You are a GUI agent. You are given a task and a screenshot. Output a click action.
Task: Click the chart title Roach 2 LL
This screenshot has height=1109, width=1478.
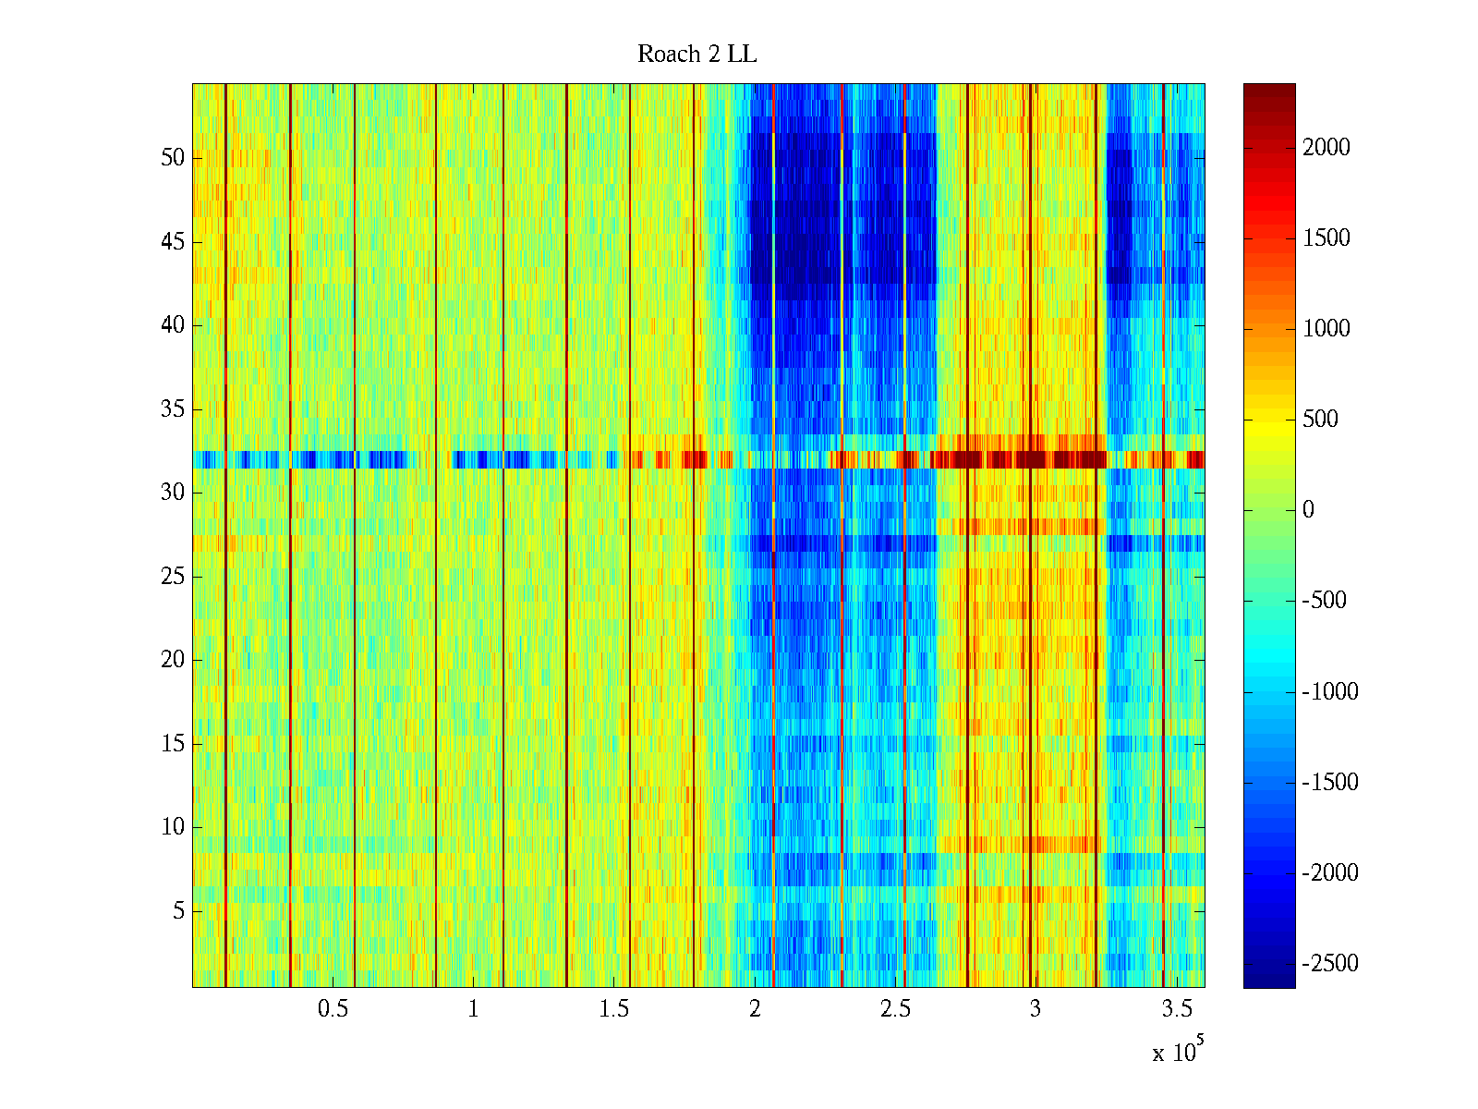tap(697, 55)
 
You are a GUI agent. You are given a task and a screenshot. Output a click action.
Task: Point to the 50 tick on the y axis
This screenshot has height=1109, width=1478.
tap(173, 158)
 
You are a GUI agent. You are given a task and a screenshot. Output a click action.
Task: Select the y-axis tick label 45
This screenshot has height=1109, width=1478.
tap(173, 242)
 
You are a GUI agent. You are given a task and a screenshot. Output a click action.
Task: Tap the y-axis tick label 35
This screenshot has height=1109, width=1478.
tap(173, 409)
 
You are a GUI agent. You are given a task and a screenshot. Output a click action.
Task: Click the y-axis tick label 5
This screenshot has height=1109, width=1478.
tap(178, 911)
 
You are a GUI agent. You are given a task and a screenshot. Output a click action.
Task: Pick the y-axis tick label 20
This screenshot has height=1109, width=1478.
tap(173, 660)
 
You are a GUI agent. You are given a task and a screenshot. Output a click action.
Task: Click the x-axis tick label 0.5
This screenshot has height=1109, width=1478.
tap(333, 1009)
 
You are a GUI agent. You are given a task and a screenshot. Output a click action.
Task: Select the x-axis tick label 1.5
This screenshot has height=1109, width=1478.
tap(613, 1009)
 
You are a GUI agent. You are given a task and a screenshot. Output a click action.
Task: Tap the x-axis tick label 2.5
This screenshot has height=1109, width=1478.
tap(895, 1009)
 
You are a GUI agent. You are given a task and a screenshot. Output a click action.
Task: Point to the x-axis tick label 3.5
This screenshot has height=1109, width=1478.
tap(1176, 1009)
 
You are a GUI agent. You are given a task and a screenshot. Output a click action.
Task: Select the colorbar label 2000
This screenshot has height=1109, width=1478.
tap(1327, 148)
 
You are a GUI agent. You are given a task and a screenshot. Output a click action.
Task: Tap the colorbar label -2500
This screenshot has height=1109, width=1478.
tap(1330, 964)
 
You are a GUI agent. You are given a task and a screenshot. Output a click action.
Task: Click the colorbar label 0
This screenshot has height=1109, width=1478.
tap(1308, 510)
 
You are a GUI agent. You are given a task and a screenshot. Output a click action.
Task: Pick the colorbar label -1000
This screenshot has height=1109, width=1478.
tap(1330, 692)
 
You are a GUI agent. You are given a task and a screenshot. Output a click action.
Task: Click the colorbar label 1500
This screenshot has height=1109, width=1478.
tap(1327, 238)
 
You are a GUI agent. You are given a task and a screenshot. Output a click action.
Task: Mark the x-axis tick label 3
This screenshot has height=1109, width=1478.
tap(1036, 1009)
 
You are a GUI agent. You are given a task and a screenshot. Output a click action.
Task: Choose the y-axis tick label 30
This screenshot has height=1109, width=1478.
tap(173, 493)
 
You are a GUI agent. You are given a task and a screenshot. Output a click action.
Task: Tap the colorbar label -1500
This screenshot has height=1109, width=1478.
tap(1330, 783)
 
